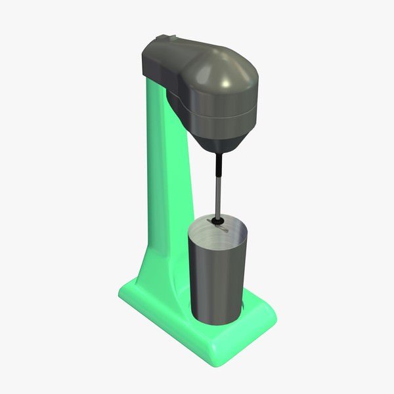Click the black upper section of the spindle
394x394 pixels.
pos(219,163)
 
